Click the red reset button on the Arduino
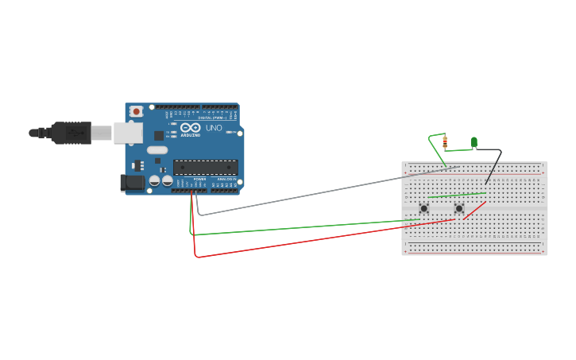click(x=137, y=111)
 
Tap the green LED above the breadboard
click(x=474, y=142)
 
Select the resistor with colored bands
click(x=445, y=143)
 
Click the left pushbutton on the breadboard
click(x=424, y=208)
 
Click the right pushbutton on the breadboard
click(x=458, y=208)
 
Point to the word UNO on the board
click(x=214, y=128)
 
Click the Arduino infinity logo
click(x=191, y=127)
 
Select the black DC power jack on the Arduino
click(x=133, y=183)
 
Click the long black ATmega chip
click(x=205, y=167)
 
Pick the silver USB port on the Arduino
click(x=128, y=132)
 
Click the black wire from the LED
click(x=494, y=165)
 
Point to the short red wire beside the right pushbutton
click(x=474, y=211)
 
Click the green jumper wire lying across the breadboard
click(x=457, y=194)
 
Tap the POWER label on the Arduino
click(x=199, y=179)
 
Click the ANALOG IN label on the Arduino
click(x=226, y=179)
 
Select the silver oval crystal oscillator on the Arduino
click(x=157, y=149)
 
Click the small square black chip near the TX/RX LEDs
click(x=159, y=136)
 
